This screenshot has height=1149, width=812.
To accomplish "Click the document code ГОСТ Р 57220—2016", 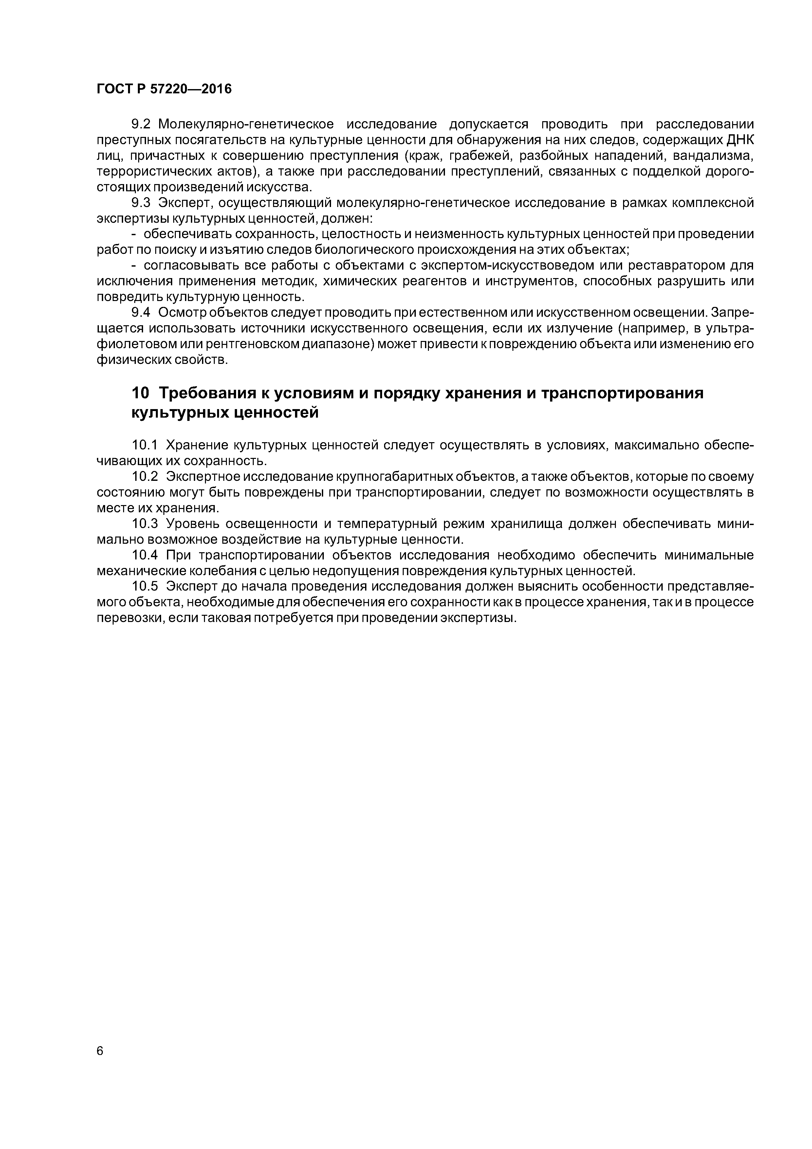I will [x=164, y=89].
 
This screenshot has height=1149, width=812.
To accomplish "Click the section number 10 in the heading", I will [x=140, y=393].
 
